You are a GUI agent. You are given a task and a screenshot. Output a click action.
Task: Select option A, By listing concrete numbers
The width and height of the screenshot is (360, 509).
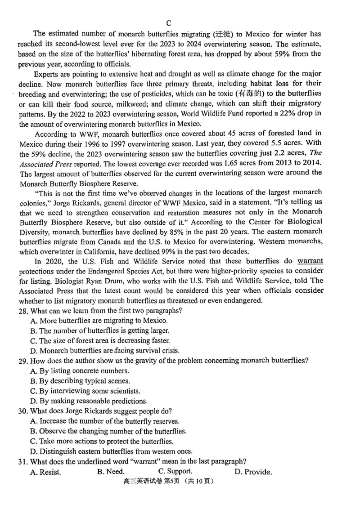coord(80,371)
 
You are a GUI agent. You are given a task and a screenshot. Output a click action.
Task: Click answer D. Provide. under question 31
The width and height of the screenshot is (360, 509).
coord(253,472)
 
